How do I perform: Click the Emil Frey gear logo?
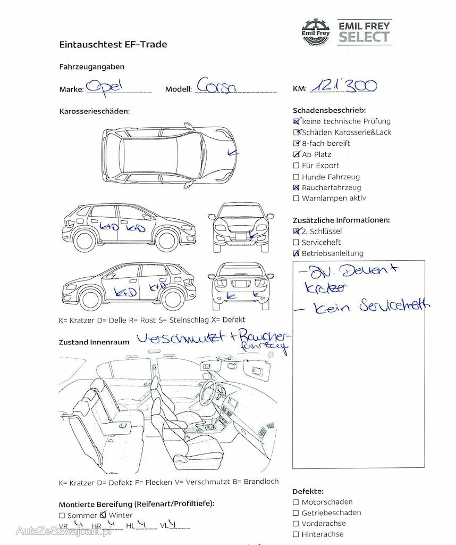click(x=316, y=32)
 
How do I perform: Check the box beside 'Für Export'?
click(x=296, y=166)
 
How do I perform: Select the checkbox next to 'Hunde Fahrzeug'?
click(x=296, y=177)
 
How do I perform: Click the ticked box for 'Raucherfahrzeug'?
click(x=296, y=188)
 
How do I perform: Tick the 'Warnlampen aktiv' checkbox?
click(x=296, y=199)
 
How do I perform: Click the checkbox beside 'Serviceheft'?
click(x=296, y=242)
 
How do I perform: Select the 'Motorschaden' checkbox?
click(x=296, y=502)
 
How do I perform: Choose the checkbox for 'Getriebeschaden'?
click(x=296, y=513)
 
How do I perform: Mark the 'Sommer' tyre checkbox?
click(x=62, y=516)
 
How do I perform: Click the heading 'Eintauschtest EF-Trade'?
click(x=113, y=45)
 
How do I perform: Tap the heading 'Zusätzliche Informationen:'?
click(x=341, y=220)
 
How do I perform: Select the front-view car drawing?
click(x=240, y=228)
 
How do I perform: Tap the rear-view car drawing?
click(x=240, y=286)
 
